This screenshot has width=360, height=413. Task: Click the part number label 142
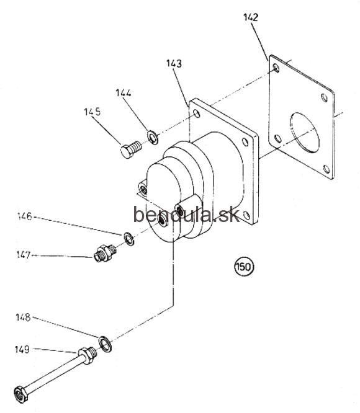(251, 17)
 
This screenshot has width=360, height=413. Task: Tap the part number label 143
(174, 63)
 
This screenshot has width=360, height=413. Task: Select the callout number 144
(124, 93)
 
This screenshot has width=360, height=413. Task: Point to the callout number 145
(92, 112)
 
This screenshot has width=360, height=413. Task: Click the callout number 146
(24, 216)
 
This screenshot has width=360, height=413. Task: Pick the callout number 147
(24, 255)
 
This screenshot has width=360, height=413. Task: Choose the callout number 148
(23, 317)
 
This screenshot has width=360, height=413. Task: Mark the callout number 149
(22, 350)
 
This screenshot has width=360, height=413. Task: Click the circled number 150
(244, 267)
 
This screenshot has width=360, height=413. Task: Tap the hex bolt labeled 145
(131, 149)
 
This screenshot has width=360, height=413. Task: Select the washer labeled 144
(153, 137)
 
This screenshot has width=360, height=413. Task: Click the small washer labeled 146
(129, 239)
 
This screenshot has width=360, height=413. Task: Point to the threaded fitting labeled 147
(105, 253)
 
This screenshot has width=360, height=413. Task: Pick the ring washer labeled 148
(105, 344)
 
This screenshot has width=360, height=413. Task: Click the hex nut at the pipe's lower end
(21, 394)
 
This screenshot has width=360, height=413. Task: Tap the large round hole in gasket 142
(304, 133)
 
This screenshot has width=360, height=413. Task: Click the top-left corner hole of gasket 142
(276, 68)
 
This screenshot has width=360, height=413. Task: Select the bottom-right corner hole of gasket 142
(326, 169)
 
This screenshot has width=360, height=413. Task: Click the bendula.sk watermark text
(187, 214)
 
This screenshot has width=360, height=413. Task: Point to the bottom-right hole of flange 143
(246, 215)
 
